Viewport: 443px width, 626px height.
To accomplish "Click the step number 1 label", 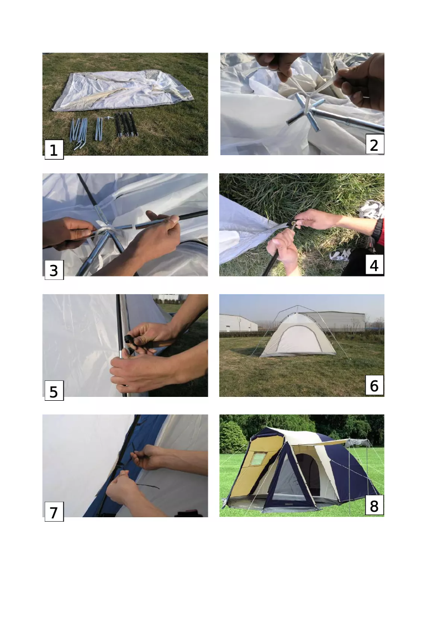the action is tap(54, 150).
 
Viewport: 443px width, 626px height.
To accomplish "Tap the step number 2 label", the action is tap(375, 145).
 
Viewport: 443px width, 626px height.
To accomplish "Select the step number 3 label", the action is tap(54, 270).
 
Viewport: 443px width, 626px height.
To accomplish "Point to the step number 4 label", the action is tap(375, 265).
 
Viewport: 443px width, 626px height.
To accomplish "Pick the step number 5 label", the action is tap(54, 391).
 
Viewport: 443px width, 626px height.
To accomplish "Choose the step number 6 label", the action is tap(375, 386).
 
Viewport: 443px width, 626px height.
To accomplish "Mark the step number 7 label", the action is tap(54, 512).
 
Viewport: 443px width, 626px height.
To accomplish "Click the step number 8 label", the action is tap(375, 506).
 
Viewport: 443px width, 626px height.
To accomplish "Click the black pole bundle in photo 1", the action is tap(126, 124).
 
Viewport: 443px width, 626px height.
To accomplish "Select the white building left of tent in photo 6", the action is tap(238, 323).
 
